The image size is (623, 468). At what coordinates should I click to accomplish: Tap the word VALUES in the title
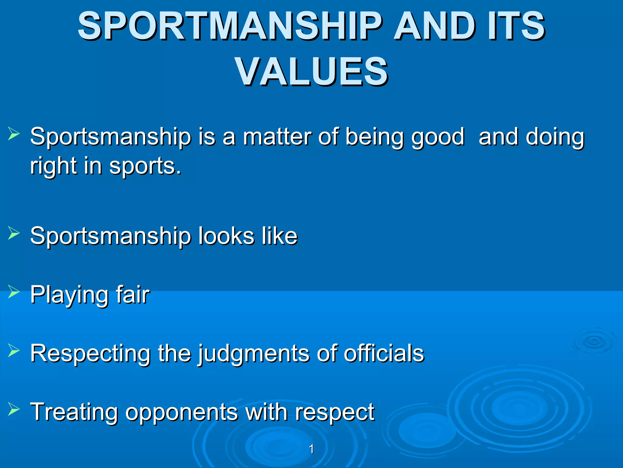[x=311, y=72]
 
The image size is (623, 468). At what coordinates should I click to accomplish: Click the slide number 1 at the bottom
[x=311, y=449]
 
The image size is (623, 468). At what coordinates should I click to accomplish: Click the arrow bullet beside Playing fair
[x=14, y=292]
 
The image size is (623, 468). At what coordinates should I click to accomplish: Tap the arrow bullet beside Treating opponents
[x=14, y=409]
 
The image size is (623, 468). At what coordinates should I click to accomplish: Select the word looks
[x=226, y=236]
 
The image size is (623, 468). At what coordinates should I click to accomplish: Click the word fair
[x=133, y=295]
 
